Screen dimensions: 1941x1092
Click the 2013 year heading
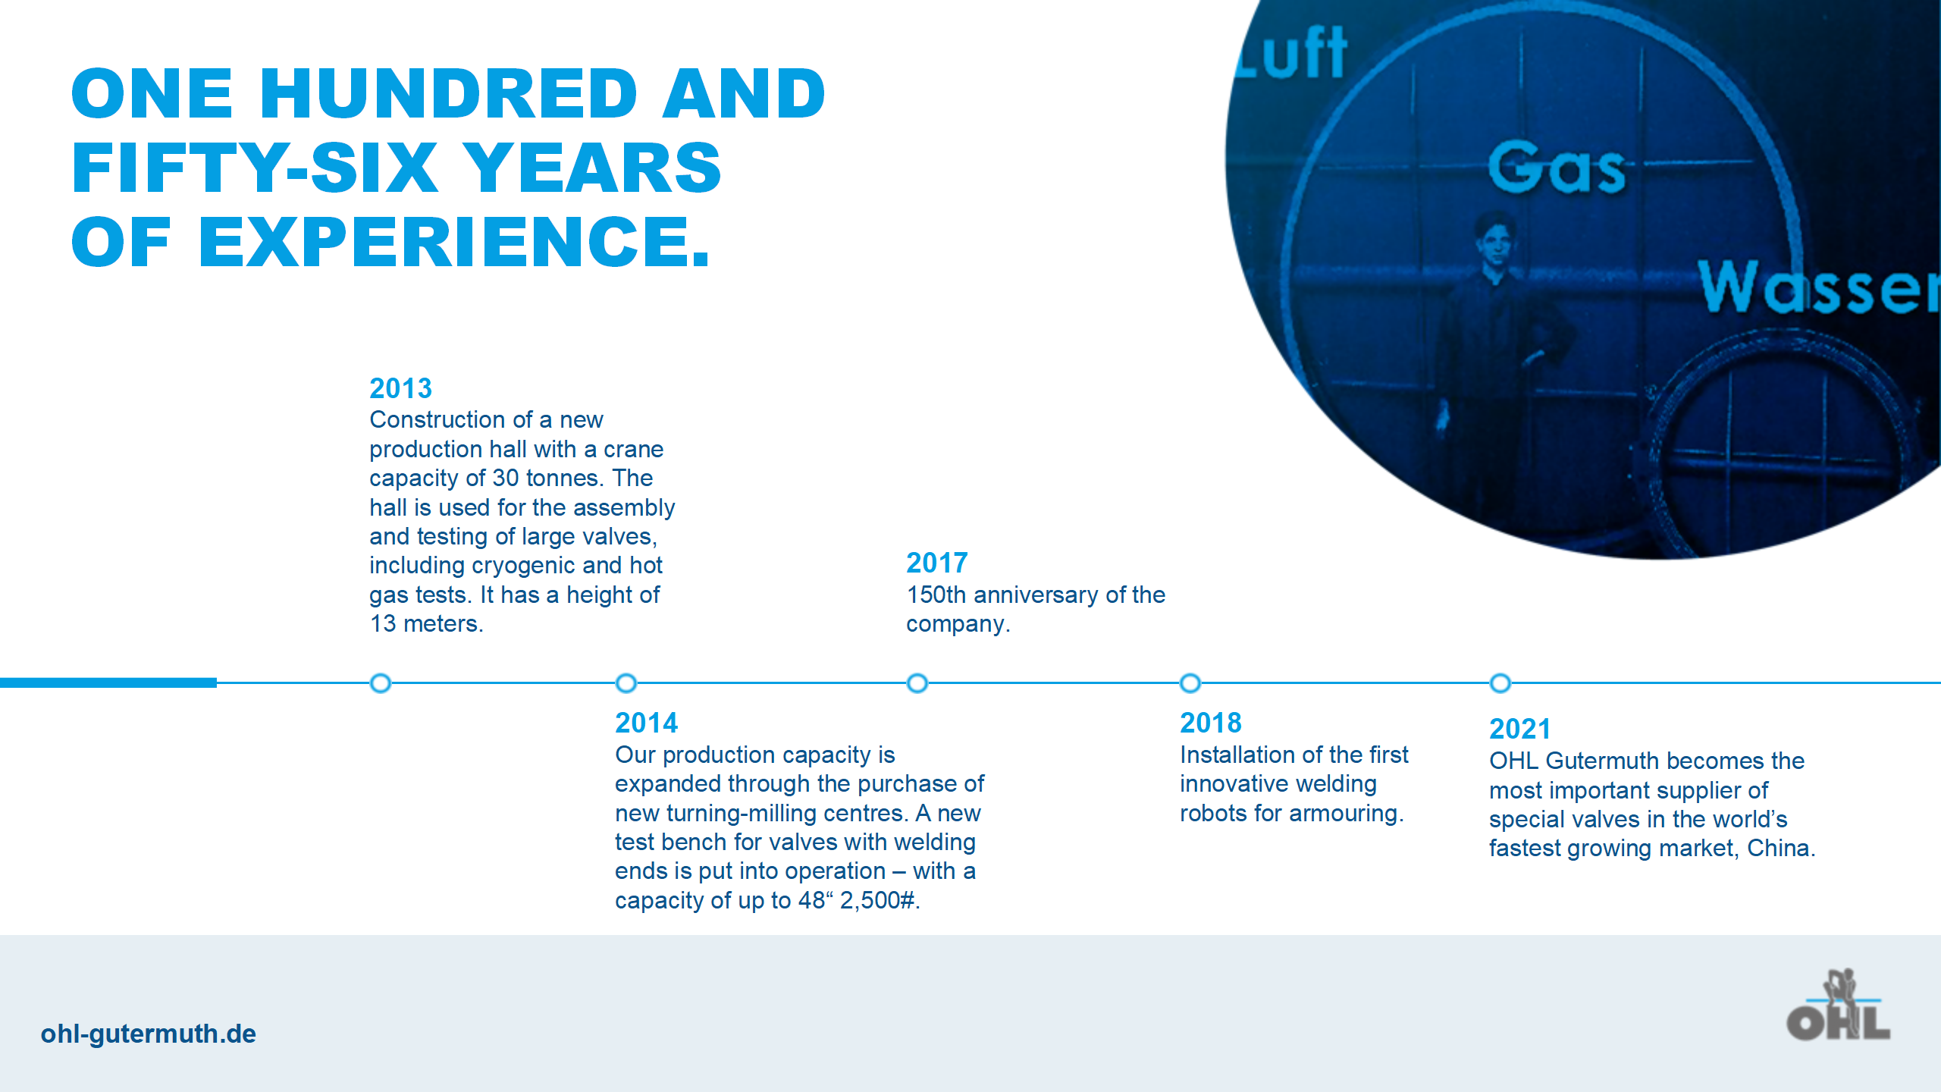click(x=400, y=388)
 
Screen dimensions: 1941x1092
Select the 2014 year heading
click(x=646, y=723)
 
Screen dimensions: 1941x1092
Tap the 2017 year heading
click(x=937, y=563)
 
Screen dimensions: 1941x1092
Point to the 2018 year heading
click(x=1211, y=723)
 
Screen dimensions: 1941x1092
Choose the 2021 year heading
click(x=1520, y=729)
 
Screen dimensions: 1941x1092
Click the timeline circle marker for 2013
click(x=381, y=683)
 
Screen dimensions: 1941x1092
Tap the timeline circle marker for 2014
click(x=626, y=683)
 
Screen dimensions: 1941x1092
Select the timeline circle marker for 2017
click(x=917, y=683)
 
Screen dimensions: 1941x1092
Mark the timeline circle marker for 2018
click(x=1190, y=683)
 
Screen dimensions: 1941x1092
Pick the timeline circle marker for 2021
click(x=1500, y=683)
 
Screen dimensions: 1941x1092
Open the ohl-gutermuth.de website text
click(x=149, y=1034)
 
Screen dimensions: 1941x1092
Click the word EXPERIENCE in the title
click(x=453, y=242)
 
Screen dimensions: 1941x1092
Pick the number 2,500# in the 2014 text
click(x=880, y=900)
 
